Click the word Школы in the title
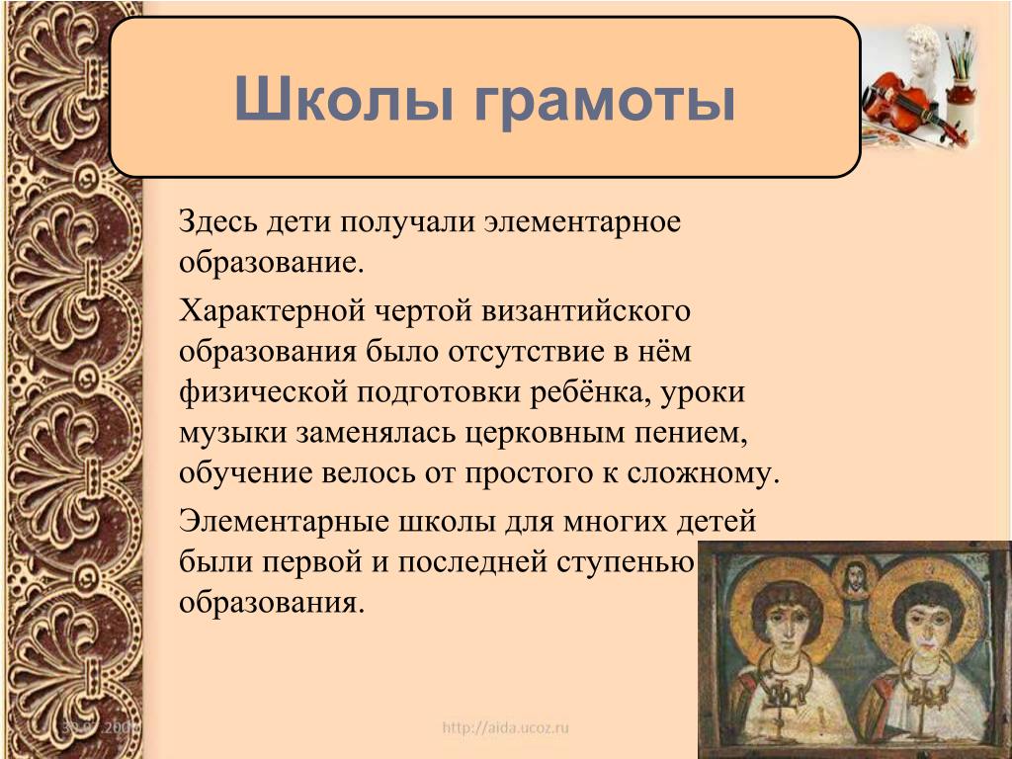[x=343, y=98]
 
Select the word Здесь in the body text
[x=217, y=222]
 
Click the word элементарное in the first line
[x=583, y=223]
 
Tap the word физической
[x=263, y=392]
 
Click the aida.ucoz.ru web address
[x=505, y=728]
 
